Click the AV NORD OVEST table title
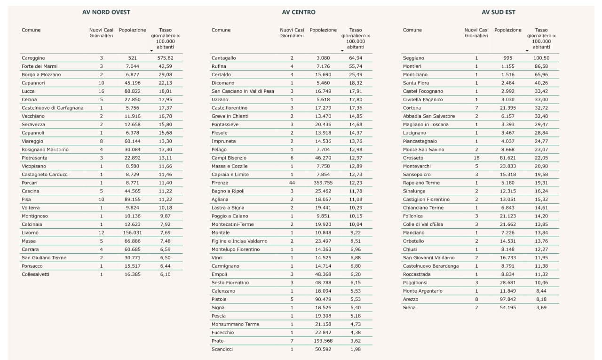(x=106, y=12)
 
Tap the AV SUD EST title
(x=499, y=12)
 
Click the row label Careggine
(x=33, y=58)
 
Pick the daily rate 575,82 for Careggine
(x=165, y=58)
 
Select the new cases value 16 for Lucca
(x=101, y=91)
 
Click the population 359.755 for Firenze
(x=323, y=183)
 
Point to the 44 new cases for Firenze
(x=292, y=183)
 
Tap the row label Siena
(x=409, y=308)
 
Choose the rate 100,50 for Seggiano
(x=541, y=58)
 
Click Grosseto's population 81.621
(x=508, y=158)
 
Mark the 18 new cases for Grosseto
(x=476, y=158)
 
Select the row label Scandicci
(x=222, y=349)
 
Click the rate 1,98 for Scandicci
(x=356, y=349)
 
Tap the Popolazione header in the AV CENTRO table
(x=323, y=30)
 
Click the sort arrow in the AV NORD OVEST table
(x=151, y=50)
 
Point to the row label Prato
(x=218, y=341)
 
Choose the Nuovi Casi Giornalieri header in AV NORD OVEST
(x=101, y=33)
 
